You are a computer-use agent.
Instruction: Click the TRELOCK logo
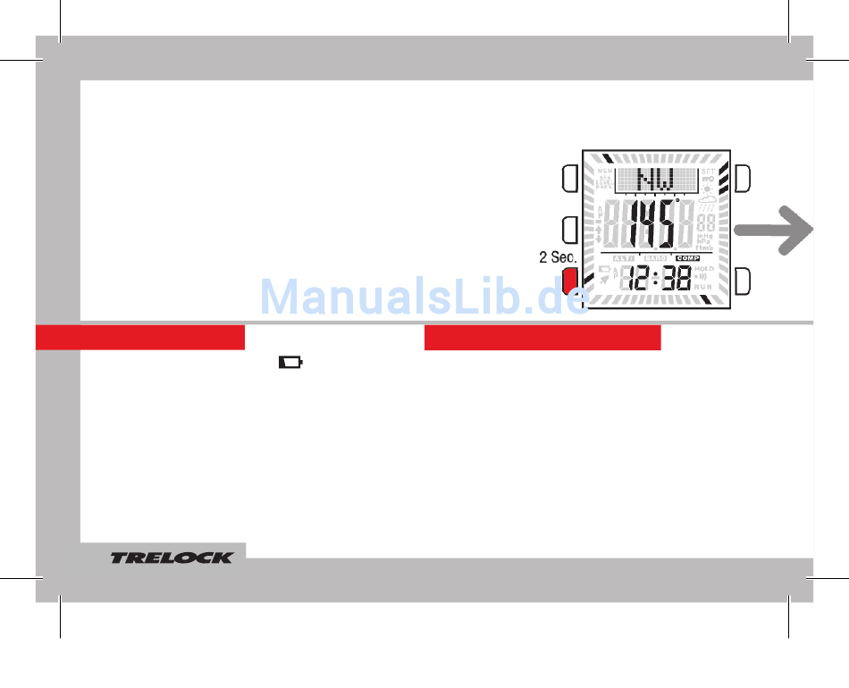[x=172, y=558]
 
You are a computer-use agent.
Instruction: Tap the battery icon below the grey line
[x=291, y=363]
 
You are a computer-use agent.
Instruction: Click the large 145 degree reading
[x=652, y=227]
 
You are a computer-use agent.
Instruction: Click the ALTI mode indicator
[x=624, y=258]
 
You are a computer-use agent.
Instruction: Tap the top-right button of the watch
[x=743, y=178]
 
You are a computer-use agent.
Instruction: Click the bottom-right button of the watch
[x=743, y=281]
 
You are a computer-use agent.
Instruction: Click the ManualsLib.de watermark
[x=424, y=297]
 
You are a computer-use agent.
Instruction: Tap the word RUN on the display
[x=704, y=287]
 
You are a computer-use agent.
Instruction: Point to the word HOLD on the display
[x=704, y=268]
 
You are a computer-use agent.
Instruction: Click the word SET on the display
[x=708, y=172]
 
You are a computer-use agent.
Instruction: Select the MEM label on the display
[x=606, y=171]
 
